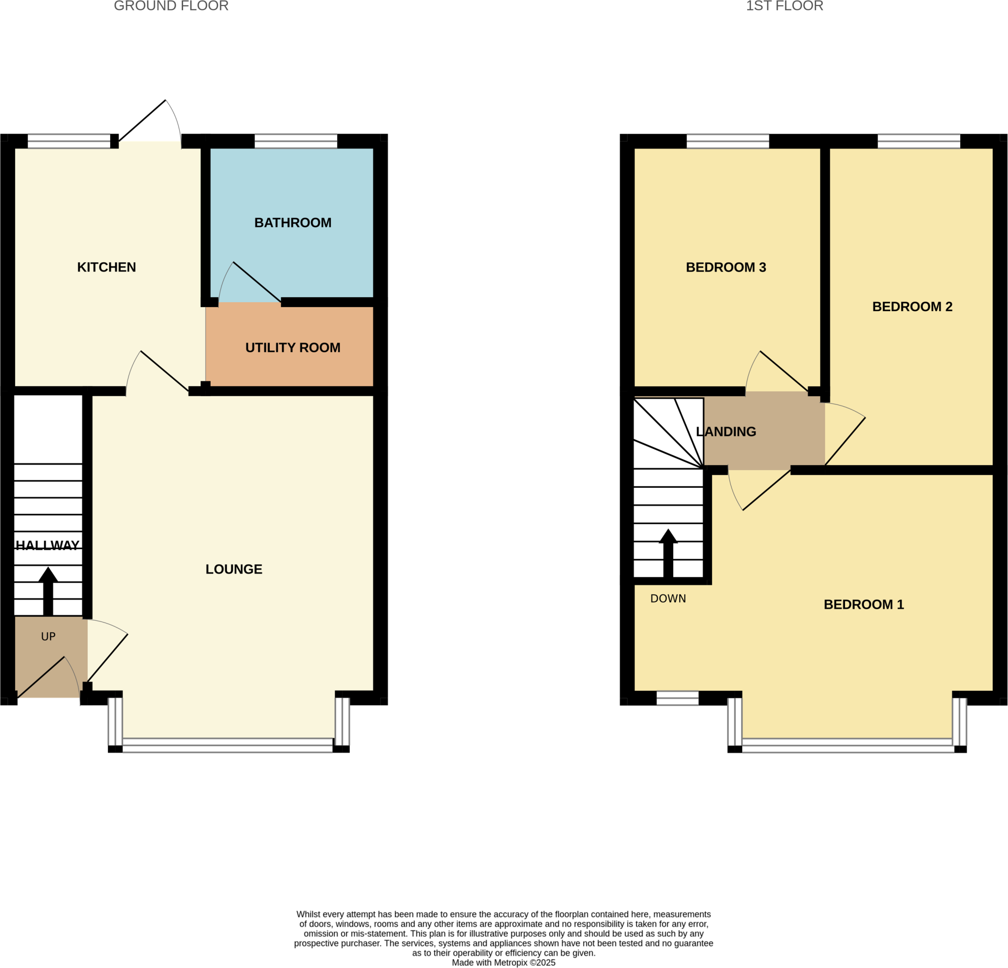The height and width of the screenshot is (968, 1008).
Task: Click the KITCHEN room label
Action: click(x=106, y=267)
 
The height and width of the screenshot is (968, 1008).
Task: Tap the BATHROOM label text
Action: click(x=293, y=223)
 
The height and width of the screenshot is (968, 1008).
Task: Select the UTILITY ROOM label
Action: click(x=293, y=348)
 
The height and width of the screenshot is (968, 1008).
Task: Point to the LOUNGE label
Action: click(x=234, y=569)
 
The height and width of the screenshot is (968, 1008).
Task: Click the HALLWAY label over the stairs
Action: click(x=47, y=545)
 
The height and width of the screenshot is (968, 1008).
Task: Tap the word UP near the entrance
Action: click(x=48, y=636)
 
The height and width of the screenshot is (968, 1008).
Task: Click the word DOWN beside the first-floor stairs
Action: click(x=668, y=598)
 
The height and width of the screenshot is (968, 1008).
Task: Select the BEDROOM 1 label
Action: click(x=863, y=604)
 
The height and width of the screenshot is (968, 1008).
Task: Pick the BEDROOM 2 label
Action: click(x=912, y=307)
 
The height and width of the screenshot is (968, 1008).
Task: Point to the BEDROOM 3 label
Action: click(x=725, y=267)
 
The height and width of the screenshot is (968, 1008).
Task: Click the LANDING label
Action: click(x=725, y=432)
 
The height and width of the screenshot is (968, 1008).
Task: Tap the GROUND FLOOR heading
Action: click(x=171, y=6)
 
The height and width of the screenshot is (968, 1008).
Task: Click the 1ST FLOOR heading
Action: click(x=784, y=6)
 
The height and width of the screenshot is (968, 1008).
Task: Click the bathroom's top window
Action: click(x=296, y=141)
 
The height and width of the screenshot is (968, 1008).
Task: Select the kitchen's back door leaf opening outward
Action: click(x=142, y=121)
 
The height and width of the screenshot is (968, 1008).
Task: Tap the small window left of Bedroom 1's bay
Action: click(x=677, y=698)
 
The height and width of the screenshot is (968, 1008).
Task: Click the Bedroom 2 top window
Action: click(x=918, y=141)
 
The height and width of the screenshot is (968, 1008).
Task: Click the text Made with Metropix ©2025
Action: click(x=504, y=963)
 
